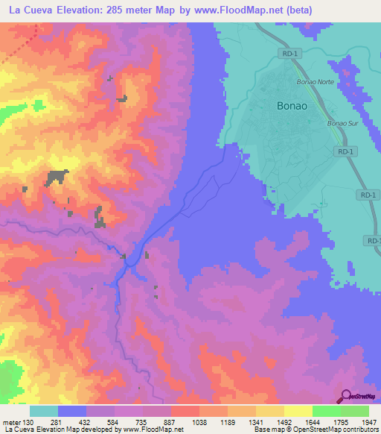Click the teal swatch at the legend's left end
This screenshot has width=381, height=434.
tap(44, 411)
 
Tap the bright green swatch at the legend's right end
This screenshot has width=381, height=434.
tap(354, 411)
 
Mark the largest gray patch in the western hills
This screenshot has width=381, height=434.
tap(56, 177)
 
